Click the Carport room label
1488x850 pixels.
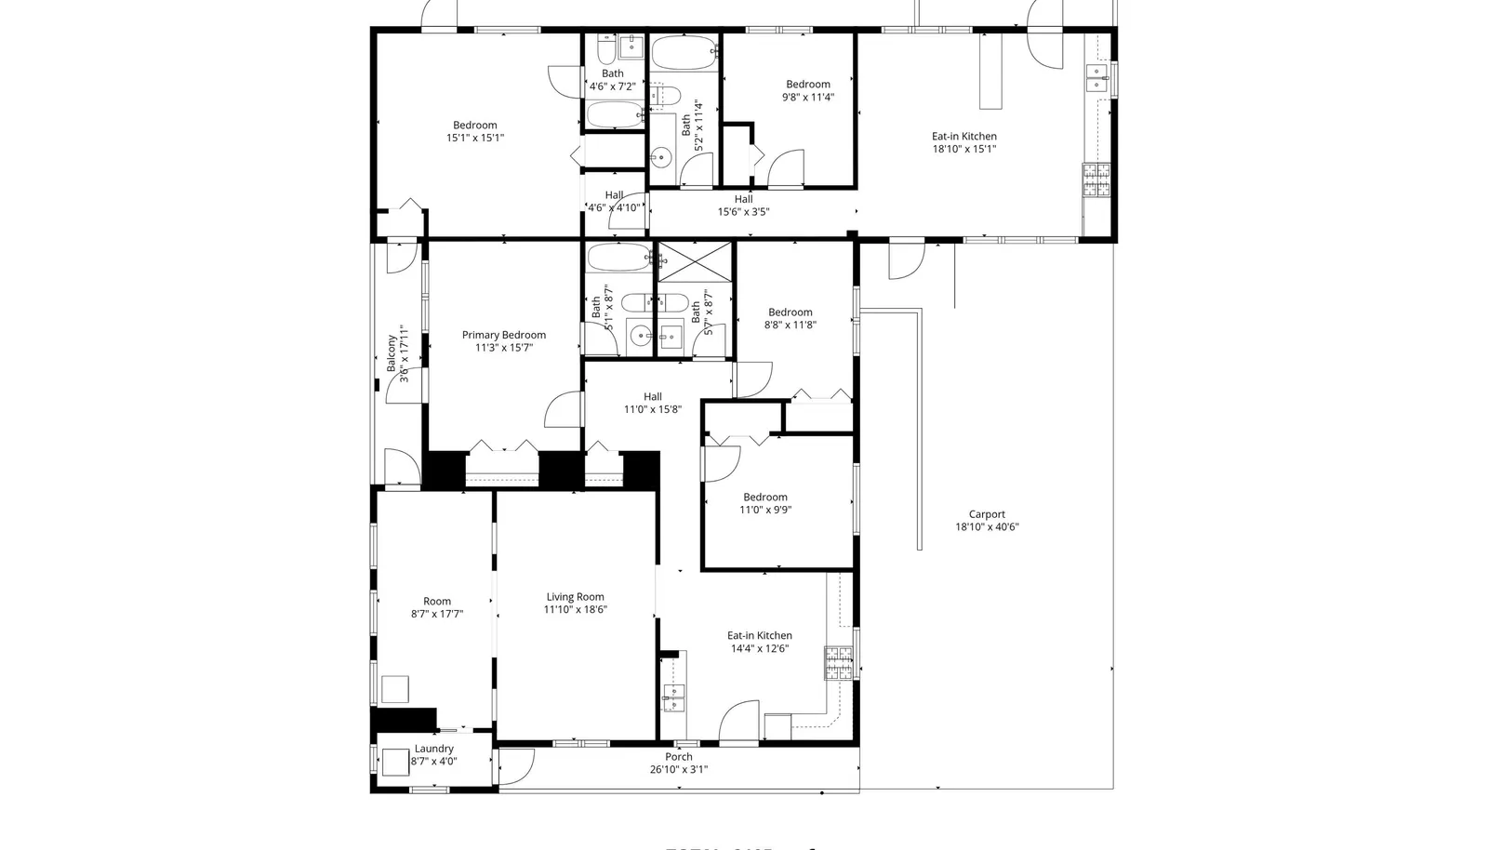tap(987, 514)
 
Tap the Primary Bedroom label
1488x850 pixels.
tap(504, 335)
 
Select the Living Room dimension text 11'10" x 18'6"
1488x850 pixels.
tap(575, 610)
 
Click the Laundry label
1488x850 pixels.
tap(433, 749)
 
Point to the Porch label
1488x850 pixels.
tap(678, 757)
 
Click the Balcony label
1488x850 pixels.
tap(392, 353)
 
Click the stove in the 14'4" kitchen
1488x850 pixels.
tap(838, 661)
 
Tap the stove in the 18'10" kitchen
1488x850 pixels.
tap(1096, 179)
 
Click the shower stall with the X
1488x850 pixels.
tap(694, 260)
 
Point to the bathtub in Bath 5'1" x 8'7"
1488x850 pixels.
tap(619, 257)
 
